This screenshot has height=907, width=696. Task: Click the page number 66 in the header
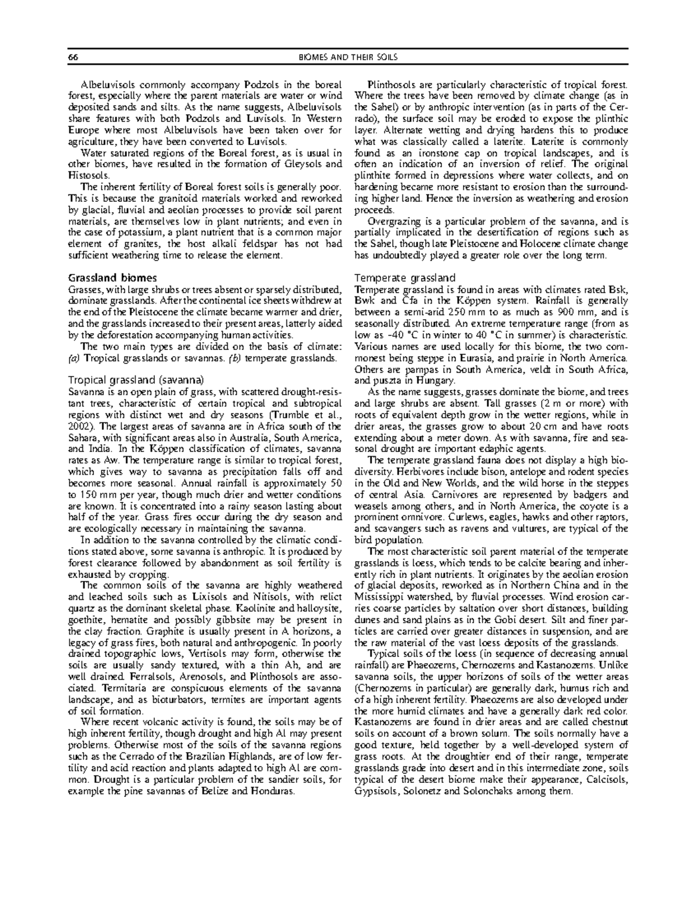click(x=73, y=57)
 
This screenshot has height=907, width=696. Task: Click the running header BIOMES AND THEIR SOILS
click(x=348, y=57)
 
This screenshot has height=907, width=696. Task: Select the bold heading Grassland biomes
click(x=112, y=278)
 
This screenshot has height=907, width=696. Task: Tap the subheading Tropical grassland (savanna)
click(x=136, y=381)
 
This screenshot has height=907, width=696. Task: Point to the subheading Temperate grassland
click(x=405, y=278)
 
